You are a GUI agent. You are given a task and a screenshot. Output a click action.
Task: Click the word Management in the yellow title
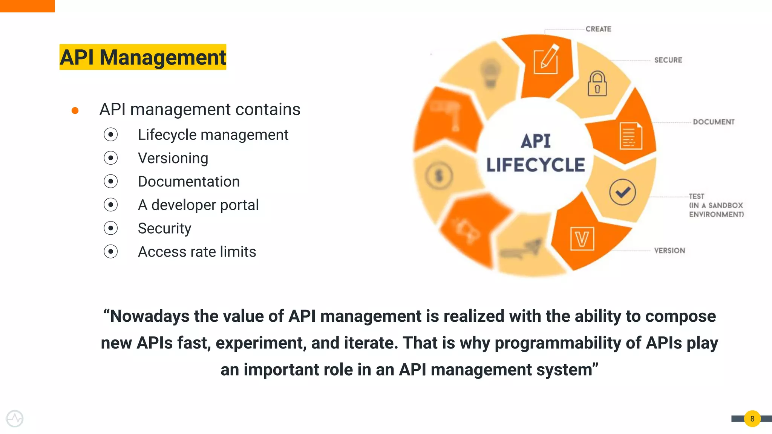(x=162, y=57)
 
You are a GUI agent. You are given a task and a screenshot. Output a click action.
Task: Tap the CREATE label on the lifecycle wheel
(x=598, y=29)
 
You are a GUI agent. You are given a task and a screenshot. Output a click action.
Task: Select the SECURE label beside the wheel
(x=668, y=60)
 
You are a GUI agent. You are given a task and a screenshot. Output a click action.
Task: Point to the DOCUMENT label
(x=714, y=122)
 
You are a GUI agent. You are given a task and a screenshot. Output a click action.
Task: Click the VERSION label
(x=669, y=251)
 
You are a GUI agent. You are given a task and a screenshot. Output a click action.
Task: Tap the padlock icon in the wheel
(x=597, y=84)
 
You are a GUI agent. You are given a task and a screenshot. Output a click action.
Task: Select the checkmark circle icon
(x=622, y=192)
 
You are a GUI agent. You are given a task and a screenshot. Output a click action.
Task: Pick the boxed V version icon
(x=582, y=239)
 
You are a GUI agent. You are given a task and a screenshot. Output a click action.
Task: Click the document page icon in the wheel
(x=631, y=136)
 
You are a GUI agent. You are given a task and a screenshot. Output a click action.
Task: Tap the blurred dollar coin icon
(x=439, y=176)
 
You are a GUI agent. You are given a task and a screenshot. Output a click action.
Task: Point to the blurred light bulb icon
(x=490, y=73)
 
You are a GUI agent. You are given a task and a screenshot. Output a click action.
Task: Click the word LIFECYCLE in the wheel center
(x=535, y=165)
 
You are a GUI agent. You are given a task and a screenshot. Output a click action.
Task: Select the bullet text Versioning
(x=173, y=158)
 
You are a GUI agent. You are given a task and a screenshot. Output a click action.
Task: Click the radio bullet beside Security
(x=111, y=228)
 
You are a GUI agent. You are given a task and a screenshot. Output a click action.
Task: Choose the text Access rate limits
(x=197, y=252)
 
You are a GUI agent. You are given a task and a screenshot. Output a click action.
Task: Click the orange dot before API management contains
(x=75, y=110)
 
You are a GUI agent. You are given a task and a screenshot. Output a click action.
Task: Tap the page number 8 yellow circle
(x=752, y=419)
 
